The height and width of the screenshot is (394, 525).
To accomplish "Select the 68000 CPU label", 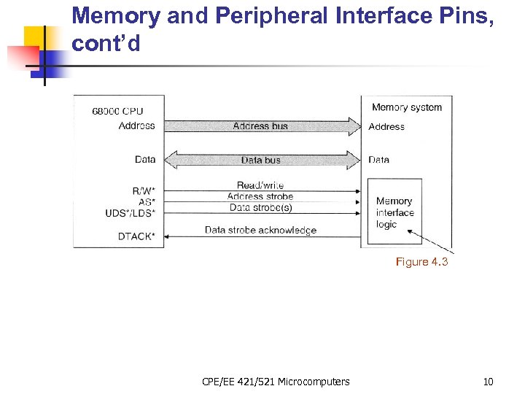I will pyautogui.click(x=117, y=112).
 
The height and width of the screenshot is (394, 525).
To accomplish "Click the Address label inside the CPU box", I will pyautogui.click(x=136, y=125).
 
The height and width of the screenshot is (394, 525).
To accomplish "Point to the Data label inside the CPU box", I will pyautogui.click(x=145, y=159).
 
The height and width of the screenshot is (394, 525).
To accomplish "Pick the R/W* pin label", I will pyautogui.click(x=144, y=191).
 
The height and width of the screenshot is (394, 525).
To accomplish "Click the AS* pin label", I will pyautogui.click(x=147, y=202).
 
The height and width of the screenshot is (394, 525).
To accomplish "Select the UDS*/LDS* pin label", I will pyautogui.click(x=131, y=213).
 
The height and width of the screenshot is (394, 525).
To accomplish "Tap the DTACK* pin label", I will pyautogui.click(x=136, y=236).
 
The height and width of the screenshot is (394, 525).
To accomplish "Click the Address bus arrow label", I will pyautogui.click(x=260, y=126).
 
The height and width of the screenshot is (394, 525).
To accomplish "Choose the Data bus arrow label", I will pyautogui.click(x=260, y=160).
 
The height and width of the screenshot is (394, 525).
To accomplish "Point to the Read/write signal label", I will pyautogui.click(x=260, y=185).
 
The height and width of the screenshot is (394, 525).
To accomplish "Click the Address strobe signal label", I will pyautogui.click(x=260, y=196).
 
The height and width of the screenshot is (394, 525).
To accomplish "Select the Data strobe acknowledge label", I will pyautogui.click(x=260, y=231).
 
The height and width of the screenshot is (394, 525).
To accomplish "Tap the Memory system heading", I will pyautogui.click(x=407, y=107).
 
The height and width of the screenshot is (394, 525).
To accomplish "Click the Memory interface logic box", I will pyautogui.click(x=395, y=212).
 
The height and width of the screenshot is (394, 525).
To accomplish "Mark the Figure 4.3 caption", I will pyautogui.click(x=421, y=262).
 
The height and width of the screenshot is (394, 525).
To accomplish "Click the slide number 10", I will pyautogui.click(x=488, y=382).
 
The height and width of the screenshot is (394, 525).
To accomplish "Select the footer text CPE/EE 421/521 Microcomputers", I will pyautogui.click(x=276, y=382).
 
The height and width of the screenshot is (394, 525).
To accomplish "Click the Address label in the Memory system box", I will pyautogui.click(x=386, y=127).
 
